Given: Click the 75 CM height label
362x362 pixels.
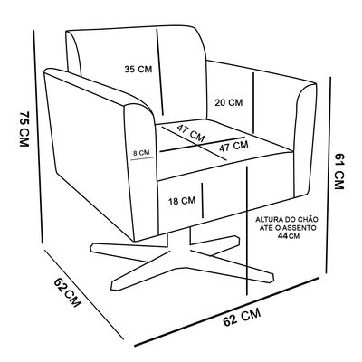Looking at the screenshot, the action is coord(24,129).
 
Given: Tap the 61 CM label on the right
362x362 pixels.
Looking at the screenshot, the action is coord(339,171).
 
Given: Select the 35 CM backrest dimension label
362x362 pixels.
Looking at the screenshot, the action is coord(138,69).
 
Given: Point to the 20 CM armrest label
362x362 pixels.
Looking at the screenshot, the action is coord(229,102).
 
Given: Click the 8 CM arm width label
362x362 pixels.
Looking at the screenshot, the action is coord(141,153).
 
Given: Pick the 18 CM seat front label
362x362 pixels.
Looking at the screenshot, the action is coord(182,201).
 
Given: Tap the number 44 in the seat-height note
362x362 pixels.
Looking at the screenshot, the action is coord(282,236).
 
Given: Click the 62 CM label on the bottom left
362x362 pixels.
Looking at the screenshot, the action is coord(68,292).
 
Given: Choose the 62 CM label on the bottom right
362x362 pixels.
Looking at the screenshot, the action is coord(242,318).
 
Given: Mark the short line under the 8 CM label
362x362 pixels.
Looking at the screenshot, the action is coord(142,158).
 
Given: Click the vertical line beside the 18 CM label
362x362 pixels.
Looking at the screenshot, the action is coord(203,200).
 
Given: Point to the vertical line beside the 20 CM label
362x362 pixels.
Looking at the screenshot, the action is coord(253,103).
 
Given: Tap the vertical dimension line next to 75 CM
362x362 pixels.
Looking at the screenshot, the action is coord(38,136).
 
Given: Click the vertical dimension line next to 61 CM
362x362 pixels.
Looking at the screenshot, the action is coord(329,175).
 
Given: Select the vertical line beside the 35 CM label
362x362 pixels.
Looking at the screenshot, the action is coord(160,72).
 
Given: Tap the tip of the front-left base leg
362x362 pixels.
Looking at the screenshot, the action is coord(113,287).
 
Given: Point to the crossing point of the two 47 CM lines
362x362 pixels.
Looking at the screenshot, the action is coord(198,145).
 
